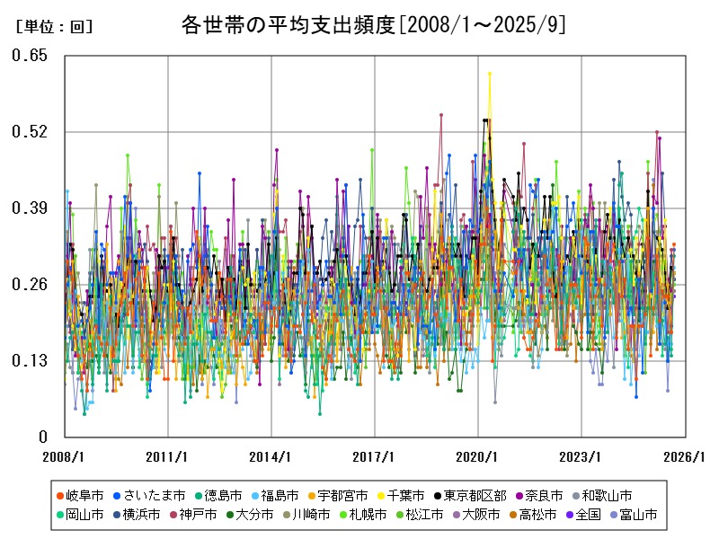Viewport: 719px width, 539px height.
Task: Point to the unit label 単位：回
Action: click(x=54, y=27)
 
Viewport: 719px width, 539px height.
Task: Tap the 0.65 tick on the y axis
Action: click(x=30, y=56)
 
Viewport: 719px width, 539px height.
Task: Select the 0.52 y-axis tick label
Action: click(x=30, y=132)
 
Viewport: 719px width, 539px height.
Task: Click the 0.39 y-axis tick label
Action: click(x=30, y=208)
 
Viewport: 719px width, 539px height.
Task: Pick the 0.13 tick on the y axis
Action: click(x=30, y=361)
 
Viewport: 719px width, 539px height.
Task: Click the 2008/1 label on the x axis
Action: click(x=66, y=456)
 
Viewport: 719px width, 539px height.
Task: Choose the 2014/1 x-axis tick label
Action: click(x=271, y=456)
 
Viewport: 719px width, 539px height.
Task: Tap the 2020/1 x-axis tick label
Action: click(x=478, y=456)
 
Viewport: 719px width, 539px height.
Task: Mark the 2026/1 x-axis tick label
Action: click(x=684, y=456)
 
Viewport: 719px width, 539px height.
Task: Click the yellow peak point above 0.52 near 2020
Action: click(x=489, y=74)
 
